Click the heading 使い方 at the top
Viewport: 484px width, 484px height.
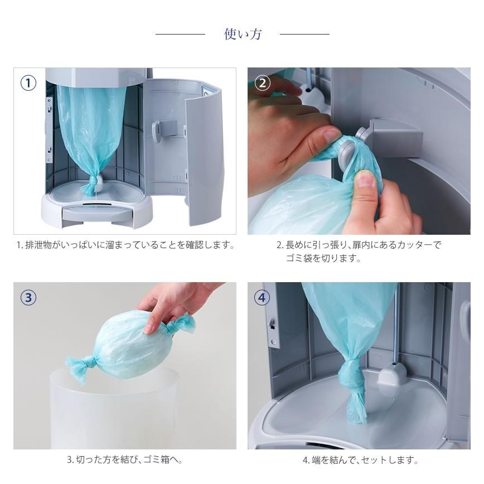(x=243, y=34)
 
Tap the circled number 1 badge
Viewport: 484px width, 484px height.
(x=28, y=83)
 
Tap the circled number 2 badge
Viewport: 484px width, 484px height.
(x=263, y=83)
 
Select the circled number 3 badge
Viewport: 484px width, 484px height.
(x=28, y=298)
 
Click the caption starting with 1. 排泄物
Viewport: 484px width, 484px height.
(x=125, y=245)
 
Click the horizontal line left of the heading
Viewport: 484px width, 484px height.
(x=180, y=34)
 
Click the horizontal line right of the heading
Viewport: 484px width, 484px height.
(x=304, y=34)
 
